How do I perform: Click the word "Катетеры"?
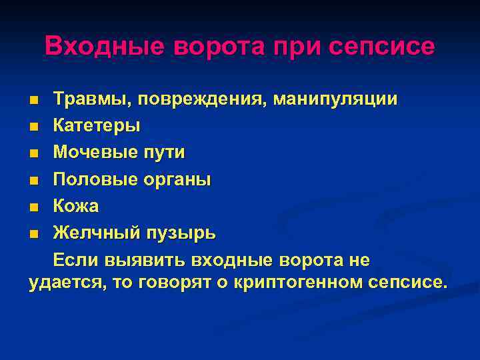coord(97,125)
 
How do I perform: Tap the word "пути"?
coord(165,152)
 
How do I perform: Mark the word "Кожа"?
coord(76,206)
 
